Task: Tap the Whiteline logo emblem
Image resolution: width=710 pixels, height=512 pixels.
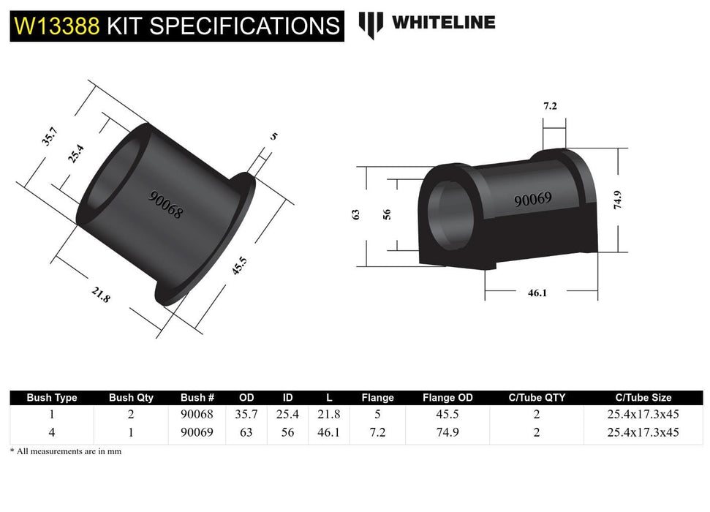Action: click(x=371, y=24)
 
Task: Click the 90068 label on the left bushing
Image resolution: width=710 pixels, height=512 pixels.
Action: click(x=166, y=206)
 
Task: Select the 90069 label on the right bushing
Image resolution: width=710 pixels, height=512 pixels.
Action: click(x=532, y=199)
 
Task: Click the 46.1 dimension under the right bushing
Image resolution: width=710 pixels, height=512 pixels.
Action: click(x=537, y=293)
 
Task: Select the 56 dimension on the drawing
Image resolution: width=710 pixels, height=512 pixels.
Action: click(x=387, y=214)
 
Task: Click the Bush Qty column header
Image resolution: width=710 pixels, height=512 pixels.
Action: click(x=131, y=398)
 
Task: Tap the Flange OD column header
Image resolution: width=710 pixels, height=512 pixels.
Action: click(x=447, y=398)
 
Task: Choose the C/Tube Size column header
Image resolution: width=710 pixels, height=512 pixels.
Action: click(x=643, y=398)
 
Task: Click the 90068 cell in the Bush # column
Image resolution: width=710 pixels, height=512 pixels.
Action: click(x=197, y=414)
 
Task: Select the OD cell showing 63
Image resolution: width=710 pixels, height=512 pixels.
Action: click(x=246, y=432)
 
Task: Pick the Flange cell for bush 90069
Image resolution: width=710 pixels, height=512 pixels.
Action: click(x=377, y=432)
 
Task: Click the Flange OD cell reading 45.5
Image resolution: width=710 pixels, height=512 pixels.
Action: click(x=447, y=414)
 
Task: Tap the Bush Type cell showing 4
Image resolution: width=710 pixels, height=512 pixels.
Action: click(x=51, y=432)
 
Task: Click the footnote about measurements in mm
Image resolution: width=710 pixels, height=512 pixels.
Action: click(x=66, y=451)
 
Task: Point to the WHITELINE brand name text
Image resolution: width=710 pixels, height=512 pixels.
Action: click(x=443, y=23)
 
